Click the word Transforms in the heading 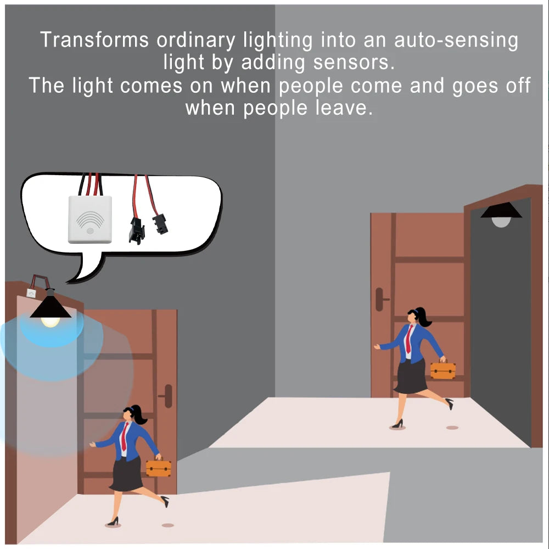point(94,40)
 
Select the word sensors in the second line point(354,63)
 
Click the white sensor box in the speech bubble point(90,219)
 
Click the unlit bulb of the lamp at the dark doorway point(501,222)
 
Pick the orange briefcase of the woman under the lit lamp point(159,467)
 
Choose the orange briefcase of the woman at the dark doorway point(443,369)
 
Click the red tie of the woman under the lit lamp point(124,437)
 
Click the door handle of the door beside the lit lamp point(167,396)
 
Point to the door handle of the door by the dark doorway point(381,299)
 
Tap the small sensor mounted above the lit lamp point(31,293)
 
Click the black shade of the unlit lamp point(501,210)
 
